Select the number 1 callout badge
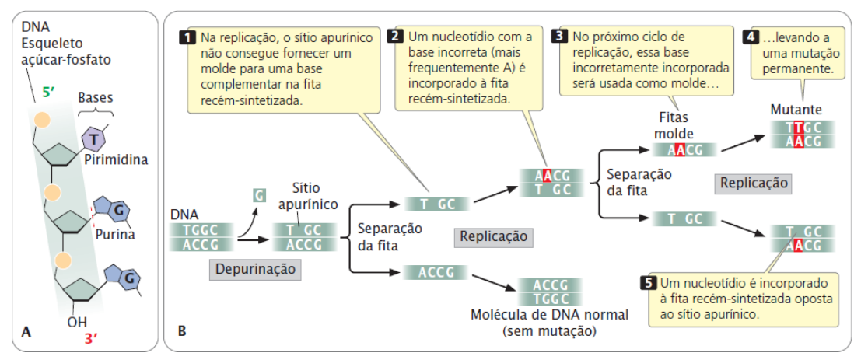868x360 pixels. (187, 37)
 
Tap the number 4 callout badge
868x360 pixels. (751, 37)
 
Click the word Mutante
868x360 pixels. (796, 110)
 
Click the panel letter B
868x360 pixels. (181, 331)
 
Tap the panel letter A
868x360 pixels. (26, 331)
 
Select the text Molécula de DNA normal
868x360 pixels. (549, 316)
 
